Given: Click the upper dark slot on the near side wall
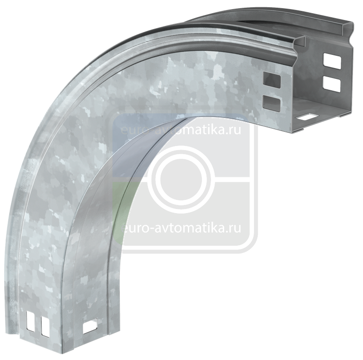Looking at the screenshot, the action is tap(271, 81).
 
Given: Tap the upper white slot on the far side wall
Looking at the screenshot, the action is tap(332, 61).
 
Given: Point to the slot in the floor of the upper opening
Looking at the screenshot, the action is tap(307, 117).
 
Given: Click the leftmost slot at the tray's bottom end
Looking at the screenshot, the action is tap(30, 321).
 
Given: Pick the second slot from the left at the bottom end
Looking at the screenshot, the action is tap(45, 327).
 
